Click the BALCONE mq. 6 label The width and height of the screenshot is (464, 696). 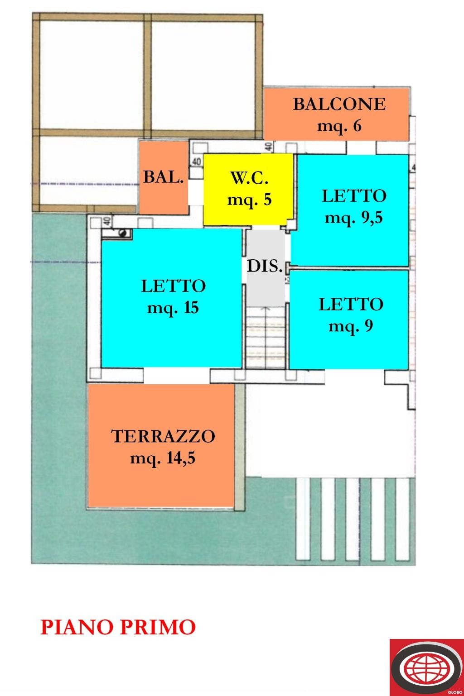click(x=339, y=114)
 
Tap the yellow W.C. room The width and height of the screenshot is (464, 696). click(x=248, y=189)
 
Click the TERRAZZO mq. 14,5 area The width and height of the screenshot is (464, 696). click(x=162, y=447)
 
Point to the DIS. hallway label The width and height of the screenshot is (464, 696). click(x=265, y=266)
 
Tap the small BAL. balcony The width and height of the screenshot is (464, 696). click(x=163, y=177)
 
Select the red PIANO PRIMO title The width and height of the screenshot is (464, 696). click(x=118, y=628)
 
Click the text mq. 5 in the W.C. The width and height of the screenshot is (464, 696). click(x=249, y=199)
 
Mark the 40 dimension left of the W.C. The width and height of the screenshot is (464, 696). click(x=196, y=162)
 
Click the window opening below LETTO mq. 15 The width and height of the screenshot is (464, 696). click(x=176, y=376)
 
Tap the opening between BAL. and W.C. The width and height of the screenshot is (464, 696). click(x=196, y=193)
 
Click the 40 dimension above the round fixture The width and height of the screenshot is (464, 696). click(x=107, y=221)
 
